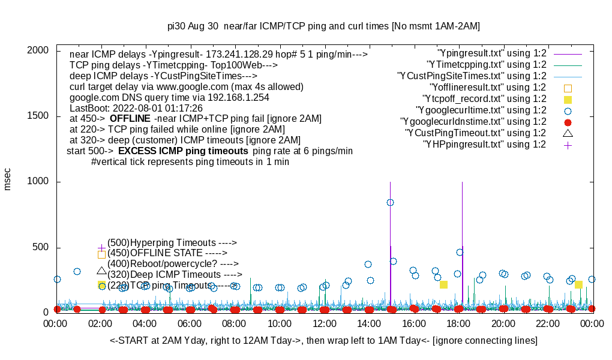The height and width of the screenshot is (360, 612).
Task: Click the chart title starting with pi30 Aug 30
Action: (x=323, y=26)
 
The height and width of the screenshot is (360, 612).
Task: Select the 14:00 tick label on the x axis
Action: (x=368, y=323)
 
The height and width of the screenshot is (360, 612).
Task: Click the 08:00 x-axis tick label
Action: (x=235, y=323)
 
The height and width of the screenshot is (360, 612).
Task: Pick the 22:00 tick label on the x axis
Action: (x=547, y=323)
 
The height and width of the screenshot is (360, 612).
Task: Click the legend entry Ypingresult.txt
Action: (x=492, y=53)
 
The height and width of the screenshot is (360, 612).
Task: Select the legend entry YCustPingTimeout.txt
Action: (x=476, y=133)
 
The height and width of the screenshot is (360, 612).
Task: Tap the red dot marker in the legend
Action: (x=568, y=122)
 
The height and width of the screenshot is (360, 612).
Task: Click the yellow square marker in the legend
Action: (x=568, y=99)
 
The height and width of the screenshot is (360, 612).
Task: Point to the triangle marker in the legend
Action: (x=568, y=133)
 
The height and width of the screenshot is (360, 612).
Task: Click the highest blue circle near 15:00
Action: (x=390, y=202)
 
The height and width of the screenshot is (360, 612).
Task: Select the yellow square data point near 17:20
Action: (x=443, y=284)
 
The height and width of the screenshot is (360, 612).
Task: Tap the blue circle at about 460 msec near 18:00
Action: (x=460, y=252)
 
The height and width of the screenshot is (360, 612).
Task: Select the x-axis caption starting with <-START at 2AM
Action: (x=323, y=341)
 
